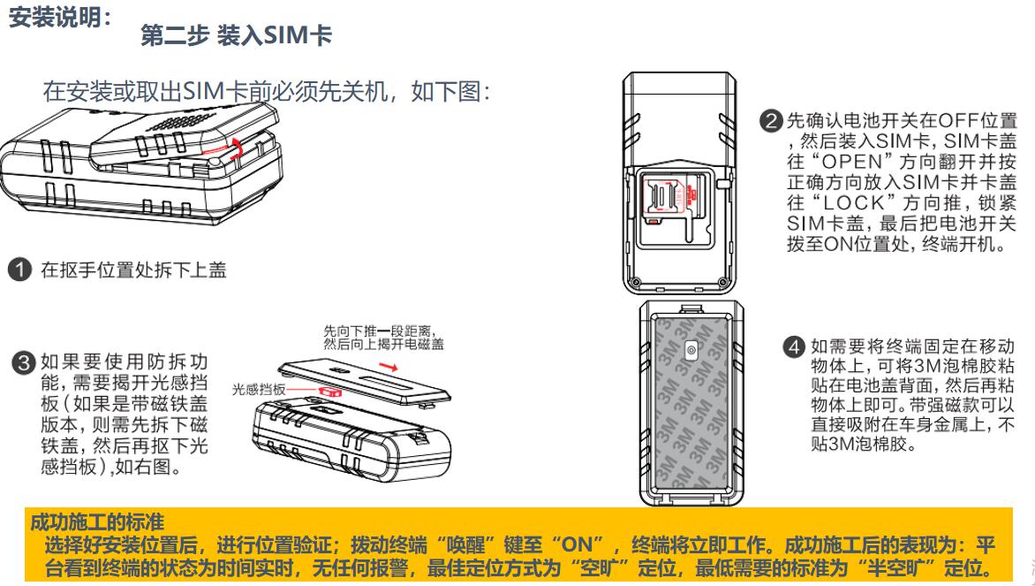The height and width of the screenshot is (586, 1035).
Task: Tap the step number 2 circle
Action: [771, 119]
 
